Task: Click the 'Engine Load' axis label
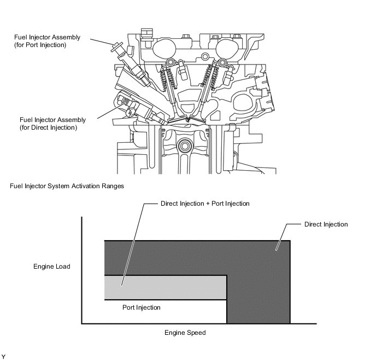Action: (x=52, y=267)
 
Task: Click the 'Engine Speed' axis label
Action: (x=185, y=333)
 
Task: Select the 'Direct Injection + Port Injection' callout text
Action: (x=205, y=204)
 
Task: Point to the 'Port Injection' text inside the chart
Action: (x=141, y=307)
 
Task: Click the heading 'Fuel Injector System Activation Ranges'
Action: (x=67, y=186)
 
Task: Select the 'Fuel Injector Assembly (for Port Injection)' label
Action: (x=47, y=41)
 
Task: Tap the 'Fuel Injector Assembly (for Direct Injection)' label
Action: (x=48, y=123)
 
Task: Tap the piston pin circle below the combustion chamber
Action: (x=185, y=146)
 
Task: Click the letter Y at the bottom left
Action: (x=4, y=356)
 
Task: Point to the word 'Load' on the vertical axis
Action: (x=62, y=267)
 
